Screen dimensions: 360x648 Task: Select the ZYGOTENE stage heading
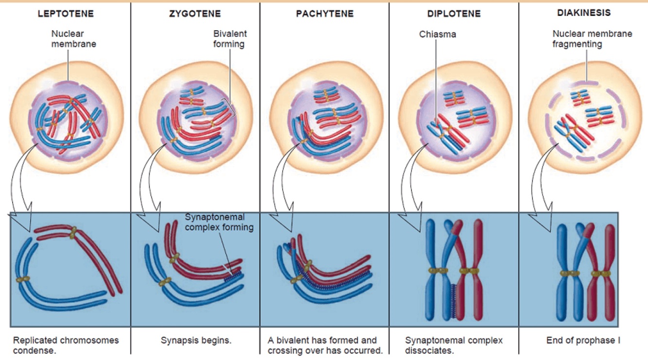(194, 14)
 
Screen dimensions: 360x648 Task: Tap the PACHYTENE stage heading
(324, 14)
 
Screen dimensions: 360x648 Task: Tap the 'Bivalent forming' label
(230, 39)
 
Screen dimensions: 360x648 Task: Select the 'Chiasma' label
(437, 34)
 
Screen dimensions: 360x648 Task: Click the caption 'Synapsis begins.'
(196, 341)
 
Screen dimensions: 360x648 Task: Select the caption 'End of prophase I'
(583, 341)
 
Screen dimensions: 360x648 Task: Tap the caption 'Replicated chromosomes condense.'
(66, 345)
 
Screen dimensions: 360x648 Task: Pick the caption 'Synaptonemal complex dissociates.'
(454, 345)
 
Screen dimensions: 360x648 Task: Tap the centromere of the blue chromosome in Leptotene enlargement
(22, 279)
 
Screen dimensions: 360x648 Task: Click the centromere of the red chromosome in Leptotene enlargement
(73, 233)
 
